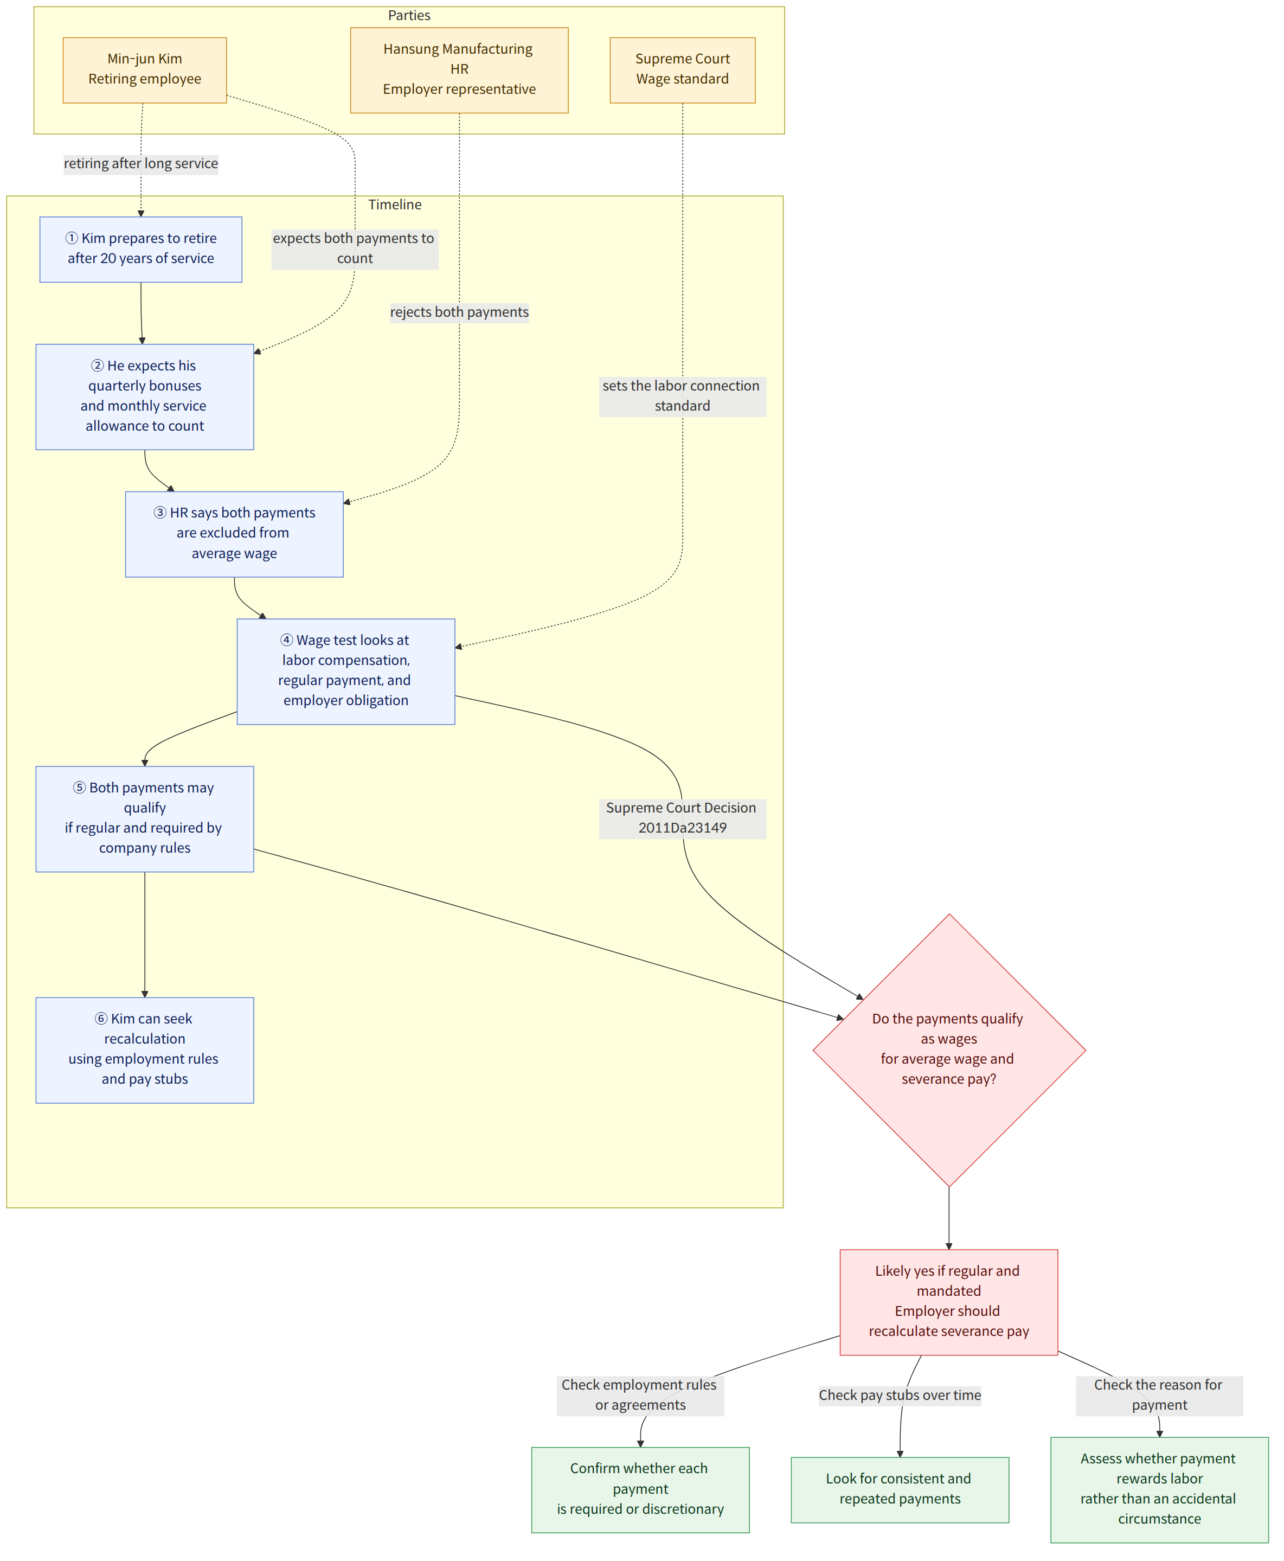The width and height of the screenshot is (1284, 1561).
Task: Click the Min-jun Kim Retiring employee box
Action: tap(144, 69)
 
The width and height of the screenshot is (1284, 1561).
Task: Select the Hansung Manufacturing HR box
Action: tap(459, 69)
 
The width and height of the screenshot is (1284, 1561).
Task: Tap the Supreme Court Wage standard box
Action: tap(682, 69)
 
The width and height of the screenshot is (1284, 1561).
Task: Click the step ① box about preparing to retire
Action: tap(140, 248)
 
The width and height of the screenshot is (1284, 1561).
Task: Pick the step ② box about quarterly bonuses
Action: tap(144, 396)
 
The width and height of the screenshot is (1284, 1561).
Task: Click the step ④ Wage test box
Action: tap(345, 670)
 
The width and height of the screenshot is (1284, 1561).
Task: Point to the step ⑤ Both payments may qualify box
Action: tap(144, 818)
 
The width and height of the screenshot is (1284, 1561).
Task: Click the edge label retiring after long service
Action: tap(140, 163)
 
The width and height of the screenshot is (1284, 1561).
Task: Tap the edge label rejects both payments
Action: tap(459, 312)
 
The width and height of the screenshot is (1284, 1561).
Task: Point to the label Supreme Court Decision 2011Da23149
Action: tap(682, 817)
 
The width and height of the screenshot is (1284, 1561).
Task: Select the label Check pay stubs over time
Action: tap(900, 1394)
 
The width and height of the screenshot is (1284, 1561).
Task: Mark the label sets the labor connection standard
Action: tap(682, 396)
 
